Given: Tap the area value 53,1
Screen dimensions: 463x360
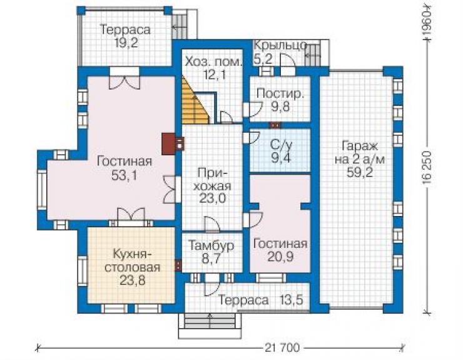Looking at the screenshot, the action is pyautogui.click(x=124, y=175).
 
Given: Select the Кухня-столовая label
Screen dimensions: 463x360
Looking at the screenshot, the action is pyautogui.click(x=133, y=260).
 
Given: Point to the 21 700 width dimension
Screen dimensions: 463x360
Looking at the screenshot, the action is pyautogui.click(x=282, y=347).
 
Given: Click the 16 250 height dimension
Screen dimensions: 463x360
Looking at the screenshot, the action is pyautogui.click(x=427, y=168).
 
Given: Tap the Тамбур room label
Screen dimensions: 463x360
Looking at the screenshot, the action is pyautogui.click(x=211, y=245).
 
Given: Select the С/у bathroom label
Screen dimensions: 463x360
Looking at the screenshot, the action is pyautogui.click(x=281, y=145).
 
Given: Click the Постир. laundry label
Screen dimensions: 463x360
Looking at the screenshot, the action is pyautogui.click(x=280, y=93).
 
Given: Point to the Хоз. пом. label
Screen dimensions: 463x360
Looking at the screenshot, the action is pyautogui.click(x=213, y=62).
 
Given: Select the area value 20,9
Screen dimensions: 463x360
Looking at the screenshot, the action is pyautogui.click(x=280, y=256).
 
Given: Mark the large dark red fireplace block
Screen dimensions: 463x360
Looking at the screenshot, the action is pyautogui.click(x=168, y=143).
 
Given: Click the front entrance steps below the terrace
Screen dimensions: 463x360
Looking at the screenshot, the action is pyautogui.click(x=210, y=326).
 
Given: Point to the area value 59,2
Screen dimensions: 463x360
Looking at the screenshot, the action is pyautogui.click(x=360, y=172).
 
